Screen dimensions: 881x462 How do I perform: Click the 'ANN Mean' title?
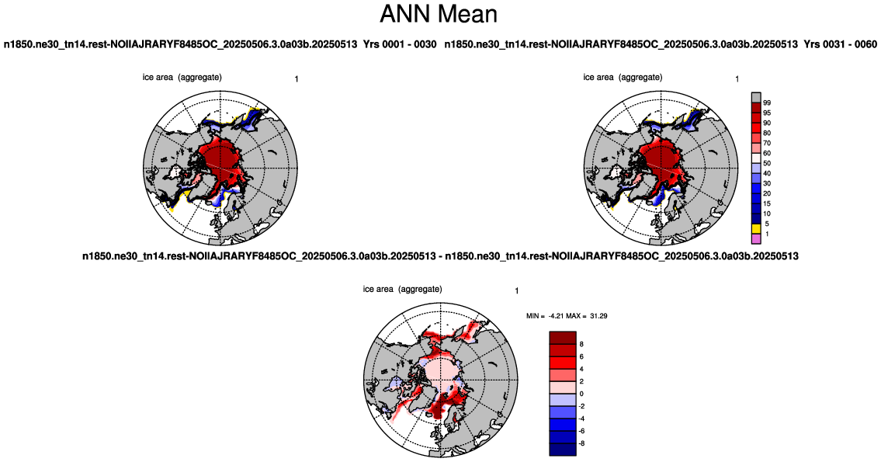click(439, 13)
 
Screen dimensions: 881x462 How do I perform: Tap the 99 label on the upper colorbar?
click(767, 102)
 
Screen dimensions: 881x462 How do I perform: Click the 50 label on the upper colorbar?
click(767, 164)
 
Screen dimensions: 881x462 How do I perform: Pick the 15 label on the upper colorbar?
click(767, 204)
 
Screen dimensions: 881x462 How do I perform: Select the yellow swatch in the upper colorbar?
click(756, 229)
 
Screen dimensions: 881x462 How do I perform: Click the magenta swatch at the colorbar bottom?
click(756, 239)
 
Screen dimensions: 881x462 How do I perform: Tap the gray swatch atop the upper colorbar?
click(756, 98)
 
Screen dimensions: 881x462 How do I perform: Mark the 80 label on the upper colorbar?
click(767, 134)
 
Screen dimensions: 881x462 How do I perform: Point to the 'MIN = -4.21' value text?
click(544, 317)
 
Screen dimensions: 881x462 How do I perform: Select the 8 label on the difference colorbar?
click(581, 344)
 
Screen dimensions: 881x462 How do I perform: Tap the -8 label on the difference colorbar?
click(583, 443)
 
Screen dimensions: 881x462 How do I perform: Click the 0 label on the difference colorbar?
click(581, 394)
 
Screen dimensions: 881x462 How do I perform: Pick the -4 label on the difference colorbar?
click(583, 419)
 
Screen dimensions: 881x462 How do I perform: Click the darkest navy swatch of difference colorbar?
click(563, 449)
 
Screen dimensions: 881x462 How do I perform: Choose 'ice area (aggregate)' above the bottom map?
click(402, 289)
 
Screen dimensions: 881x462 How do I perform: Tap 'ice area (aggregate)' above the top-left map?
click(182, 77)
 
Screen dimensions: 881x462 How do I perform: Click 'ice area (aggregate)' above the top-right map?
click(623, 77)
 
